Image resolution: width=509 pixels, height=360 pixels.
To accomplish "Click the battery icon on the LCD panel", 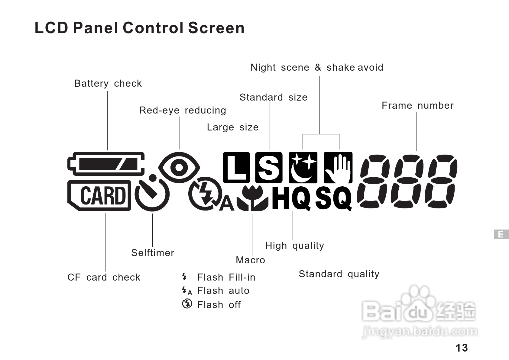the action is pos(106,164).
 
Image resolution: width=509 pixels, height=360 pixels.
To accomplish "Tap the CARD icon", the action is pos(99,195).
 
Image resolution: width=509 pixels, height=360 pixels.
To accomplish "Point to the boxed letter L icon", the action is pos(236,168).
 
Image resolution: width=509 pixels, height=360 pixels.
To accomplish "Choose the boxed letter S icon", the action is pos(269,168).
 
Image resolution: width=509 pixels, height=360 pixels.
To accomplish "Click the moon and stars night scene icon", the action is pos(303,168).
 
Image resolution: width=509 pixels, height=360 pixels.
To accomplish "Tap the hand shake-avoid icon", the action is pos(338,168).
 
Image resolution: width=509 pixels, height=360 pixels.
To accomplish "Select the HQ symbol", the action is pos(291,198).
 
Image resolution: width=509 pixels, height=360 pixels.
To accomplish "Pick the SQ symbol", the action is pos(334,198).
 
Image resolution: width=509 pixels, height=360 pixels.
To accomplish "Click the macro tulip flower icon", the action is pos(252,198).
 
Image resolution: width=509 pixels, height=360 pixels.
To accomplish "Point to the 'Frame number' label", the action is pos(417,106).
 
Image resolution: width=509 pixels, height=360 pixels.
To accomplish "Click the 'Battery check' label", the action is pos(108,84).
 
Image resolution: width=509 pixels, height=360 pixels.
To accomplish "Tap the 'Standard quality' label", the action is pos(339,274).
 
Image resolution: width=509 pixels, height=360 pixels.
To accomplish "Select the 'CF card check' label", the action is pos(104,278).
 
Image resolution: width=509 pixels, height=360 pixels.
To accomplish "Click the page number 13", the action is pos(462,348).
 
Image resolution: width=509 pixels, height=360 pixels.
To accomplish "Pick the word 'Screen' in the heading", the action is pos(216,28).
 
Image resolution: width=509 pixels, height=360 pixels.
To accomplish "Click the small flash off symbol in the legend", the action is pos(187,304).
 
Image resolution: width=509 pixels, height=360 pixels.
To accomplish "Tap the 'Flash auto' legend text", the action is pos(223,291).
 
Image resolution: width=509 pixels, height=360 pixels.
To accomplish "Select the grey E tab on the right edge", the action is pos(501,234).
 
